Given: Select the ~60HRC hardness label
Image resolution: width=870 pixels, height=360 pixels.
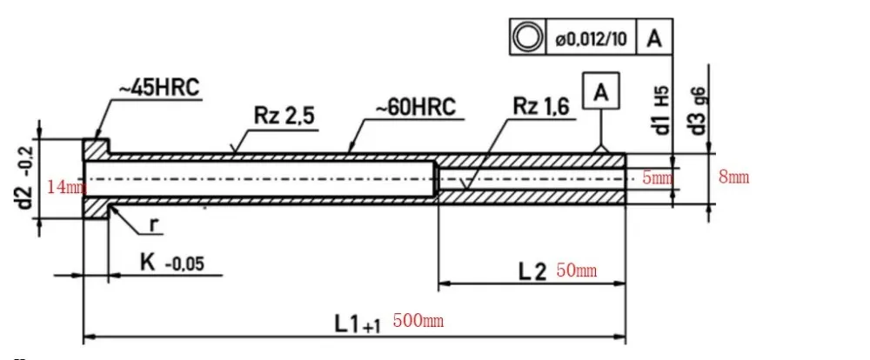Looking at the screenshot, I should [415, 110].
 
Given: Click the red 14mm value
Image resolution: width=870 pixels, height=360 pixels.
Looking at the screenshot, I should [66, 187].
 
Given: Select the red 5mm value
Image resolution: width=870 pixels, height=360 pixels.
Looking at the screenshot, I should [658, 178].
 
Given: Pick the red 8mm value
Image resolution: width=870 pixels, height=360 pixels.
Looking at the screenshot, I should [733, 177].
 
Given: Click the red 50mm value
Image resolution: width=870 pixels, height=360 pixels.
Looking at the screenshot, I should [576, 270].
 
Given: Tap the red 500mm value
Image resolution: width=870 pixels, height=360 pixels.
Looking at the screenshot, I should [418, 321].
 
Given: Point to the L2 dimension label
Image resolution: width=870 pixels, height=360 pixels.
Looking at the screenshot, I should [532, 270].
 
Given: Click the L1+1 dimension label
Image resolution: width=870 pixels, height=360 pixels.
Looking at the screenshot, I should [357, 323].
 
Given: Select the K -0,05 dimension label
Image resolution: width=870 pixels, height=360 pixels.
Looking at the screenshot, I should [171, 263].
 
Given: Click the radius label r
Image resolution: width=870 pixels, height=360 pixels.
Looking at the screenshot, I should [153, 223].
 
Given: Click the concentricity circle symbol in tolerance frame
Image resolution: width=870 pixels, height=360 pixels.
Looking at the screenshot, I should [526, 38].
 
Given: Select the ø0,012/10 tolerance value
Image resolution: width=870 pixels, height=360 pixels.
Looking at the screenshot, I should [592, 39].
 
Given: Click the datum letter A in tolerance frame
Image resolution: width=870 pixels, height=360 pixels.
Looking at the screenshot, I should [654, 38].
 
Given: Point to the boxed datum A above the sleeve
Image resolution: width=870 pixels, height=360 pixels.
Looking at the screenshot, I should [605, 90].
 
